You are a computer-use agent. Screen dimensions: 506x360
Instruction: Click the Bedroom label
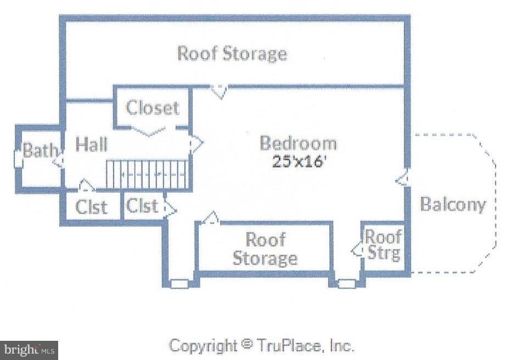(298, 144)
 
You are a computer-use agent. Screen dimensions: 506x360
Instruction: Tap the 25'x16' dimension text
(297, 161)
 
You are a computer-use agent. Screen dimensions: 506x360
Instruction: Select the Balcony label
(453, 204)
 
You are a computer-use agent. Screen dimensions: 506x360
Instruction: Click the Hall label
(91, 144)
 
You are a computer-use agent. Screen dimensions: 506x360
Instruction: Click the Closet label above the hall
(153, 108)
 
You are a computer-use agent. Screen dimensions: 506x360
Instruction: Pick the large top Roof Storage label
(232, 54)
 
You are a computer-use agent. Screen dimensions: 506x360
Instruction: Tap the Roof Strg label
(384, 245)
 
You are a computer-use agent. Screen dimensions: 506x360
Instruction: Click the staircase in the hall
(147, 174)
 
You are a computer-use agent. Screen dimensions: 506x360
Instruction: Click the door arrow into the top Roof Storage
(220, 92)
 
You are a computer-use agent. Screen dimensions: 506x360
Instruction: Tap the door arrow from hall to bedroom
(196, 143)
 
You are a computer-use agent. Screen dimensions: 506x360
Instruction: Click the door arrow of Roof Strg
(358, 250)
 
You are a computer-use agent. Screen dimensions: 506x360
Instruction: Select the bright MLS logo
(29, 350)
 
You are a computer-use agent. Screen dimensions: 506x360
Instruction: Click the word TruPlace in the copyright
(289, 346)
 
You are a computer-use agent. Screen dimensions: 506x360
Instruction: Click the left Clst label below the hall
(91, 207)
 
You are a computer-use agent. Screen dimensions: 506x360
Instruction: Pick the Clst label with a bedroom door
(142, 205)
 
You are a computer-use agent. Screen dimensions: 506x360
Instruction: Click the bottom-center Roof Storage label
(265, 249)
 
